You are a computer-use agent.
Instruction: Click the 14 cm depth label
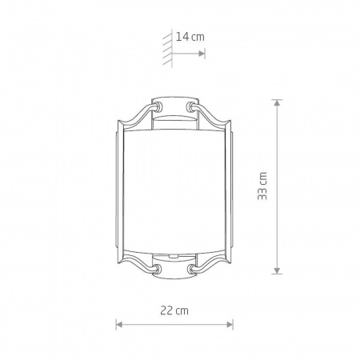pyautogui.click(x=190, y=37)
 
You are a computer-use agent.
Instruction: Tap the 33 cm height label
pyautogui.click(x=262, y=186)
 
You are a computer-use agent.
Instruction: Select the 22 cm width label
pyautogui.click(x=174, y=310)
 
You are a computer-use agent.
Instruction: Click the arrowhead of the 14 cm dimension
pyautogui.click(x=202, y=54)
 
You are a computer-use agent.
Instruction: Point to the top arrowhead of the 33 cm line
pyautogui.click(x=277, y=102)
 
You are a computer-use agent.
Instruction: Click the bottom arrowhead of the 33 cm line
pyautogui.click(x=277, y=270)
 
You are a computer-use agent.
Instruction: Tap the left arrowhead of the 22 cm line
pyautogui.click(x=119, y=325)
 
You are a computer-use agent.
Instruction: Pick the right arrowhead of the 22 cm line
pyautogui.click(x=230, y=325)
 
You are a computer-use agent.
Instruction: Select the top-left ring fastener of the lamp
pyautogui.click(x=158, y=106)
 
